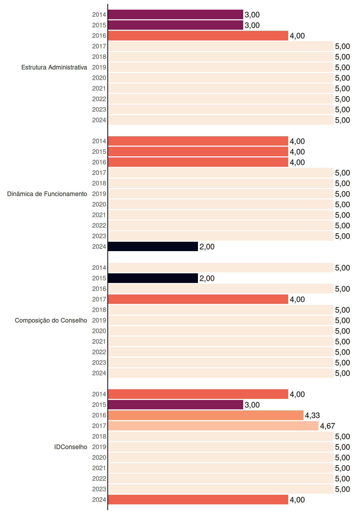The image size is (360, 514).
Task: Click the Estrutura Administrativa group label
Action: point(54,67)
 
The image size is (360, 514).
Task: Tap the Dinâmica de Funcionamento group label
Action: point(47,194)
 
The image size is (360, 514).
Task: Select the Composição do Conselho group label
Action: point(51,320)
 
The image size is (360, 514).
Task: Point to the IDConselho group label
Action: point(71,447)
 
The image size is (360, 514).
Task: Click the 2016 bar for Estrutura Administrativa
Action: point(198,36)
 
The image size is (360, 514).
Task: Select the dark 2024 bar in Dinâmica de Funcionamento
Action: point(153,247)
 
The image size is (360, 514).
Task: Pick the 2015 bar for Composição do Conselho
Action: point(153,278)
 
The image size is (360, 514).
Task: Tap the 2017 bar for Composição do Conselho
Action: point(198,299)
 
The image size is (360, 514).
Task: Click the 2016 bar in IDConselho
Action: point(206,415)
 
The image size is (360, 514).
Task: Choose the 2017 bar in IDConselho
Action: point(213,426)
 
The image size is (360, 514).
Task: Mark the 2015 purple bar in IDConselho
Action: point(176,405)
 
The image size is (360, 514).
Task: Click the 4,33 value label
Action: point(312,415)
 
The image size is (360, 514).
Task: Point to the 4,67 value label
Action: point(328,426)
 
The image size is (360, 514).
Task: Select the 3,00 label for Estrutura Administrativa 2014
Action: point(252,15)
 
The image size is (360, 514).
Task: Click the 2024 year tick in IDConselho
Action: point(99,500)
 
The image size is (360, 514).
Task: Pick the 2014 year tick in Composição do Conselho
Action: point(99,268)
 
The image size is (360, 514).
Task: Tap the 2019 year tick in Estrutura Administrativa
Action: point(99,67)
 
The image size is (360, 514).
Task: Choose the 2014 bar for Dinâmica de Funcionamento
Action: point(198,141)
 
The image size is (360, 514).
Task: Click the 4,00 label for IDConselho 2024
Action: point(297,500)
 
